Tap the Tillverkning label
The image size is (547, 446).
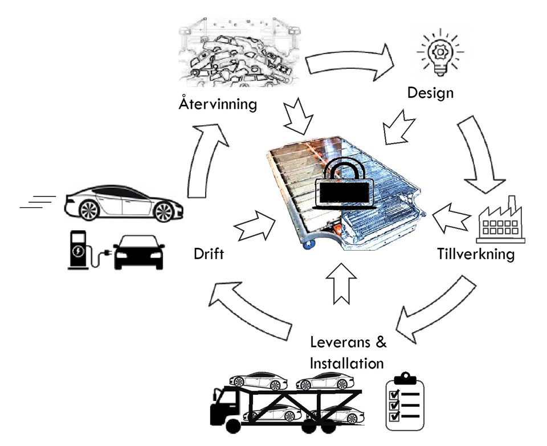click(476, 253)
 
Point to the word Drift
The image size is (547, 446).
click(208, 253)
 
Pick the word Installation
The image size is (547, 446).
click(346, 362)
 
